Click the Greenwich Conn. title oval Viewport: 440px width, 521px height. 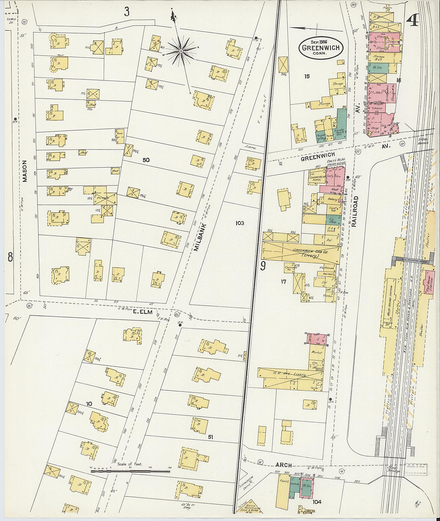[x=321, y=48]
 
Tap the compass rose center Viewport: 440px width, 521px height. [x=181, y=51]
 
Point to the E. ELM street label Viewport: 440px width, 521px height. [x=143, y=312]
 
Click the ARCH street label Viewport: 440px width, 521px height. [x=283, y=465]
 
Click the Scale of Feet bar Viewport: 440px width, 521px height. [x=131, y=471]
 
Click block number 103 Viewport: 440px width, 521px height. [x=239, y=223]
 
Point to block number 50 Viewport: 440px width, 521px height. [x=146, y=160]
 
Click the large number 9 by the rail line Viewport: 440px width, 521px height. [x=263, y=266]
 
